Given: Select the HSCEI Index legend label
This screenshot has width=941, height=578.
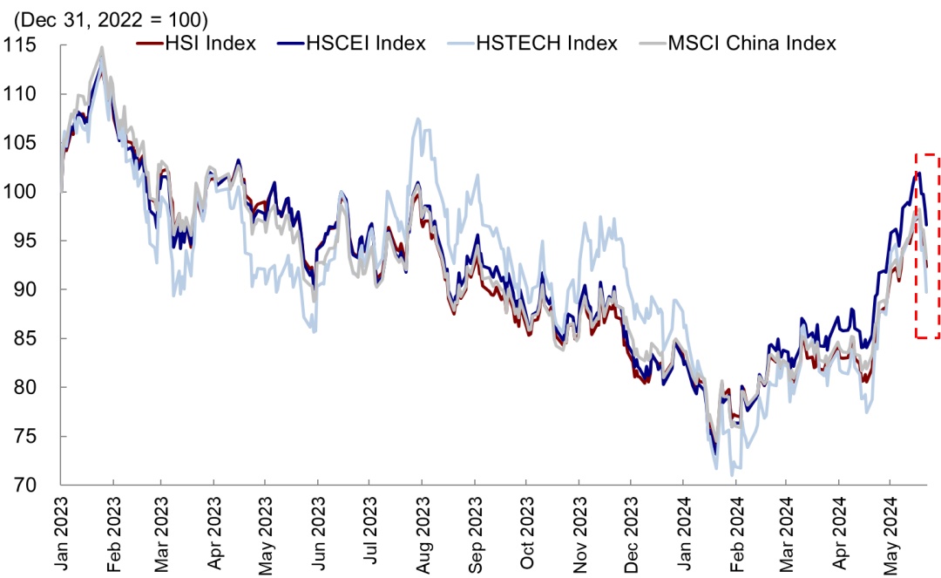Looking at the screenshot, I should pos(366,43).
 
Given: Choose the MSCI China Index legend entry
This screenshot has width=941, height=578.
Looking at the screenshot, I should pos(751,43).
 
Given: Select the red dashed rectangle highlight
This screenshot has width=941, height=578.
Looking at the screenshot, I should pos(926,246).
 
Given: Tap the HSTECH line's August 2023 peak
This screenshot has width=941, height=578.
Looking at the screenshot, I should pos(419,119).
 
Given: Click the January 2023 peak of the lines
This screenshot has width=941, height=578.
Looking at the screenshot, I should pos(102,50).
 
